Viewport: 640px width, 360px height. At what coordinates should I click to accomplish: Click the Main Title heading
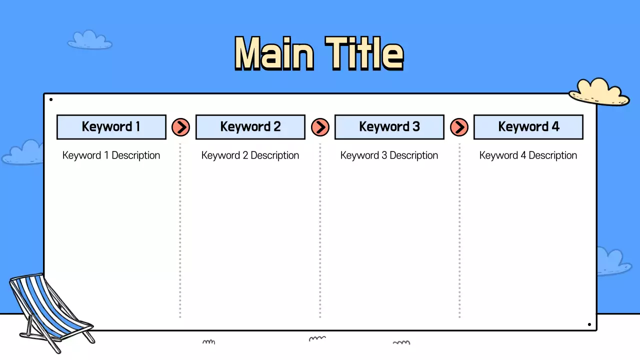[x=319, y=53]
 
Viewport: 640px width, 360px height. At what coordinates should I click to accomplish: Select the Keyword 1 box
[x=111, y=127]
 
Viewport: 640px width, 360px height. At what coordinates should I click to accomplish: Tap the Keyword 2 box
[x=250, y=127]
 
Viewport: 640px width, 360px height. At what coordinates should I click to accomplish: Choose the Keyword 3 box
[x=389, y=127]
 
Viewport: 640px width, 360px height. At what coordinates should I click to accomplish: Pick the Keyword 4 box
[x=528, y=127]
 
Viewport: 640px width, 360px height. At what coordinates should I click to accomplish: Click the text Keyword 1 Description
[x=111, y=155]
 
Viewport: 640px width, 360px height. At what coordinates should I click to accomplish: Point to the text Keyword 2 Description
[x=250, y=155]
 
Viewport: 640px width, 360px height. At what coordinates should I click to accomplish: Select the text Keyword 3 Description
[x=389, y=155]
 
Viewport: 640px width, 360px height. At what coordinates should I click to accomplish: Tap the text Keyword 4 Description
[x=528, y=155]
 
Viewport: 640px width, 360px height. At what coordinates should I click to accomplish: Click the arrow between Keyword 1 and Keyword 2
[x=180, y=127]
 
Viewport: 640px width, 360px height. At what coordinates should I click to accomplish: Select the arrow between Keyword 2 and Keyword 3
[x=320, y=127]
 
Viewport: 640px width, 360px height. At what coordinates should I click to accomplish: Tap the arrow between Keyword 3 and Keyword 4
[x=459, y=127]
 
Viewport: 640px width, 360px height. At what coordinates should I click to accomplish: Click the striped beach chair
[x=47, y=307]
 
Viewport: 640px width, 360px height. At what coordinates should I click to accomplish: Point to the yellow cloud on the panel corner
[x=598, y=92]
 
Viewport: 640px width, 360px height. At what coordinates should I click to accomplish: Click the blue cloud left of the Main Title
[x=89, y=40]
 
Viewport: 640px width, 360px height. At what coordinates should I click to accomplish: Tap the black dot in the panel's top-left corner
[x=51, y=99]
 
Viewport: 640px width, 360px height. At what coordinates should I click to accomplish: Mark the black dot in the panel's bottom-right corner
[x=589, y=324]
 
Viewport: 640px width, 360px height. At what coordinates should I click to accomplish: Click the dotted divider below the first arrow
[x=180, y=230]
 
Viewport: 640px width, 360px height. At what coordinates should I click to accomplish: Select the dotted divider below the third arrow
[x=459, y=230]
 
